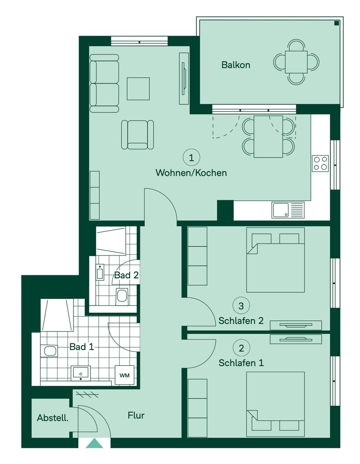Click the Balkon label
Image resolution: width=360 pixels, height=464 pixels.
pos(236,65)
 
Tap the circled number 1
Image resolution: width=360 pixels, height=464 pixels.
pos(191,158)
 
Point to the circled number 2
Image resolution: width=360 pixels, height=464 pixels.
pos(241,348)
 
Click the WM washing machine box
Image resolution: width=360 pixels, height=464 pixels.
pos(124,375)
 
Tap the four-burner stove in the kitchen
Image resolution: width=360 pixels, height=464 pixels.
pos(320,164)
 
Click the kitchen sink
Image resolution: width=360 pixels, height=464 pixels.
pos(288,210)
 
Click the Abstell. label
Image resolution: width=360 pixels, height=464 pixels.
pos(53,418)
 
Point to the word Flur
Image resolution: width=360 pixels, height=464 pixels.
pos(136,415)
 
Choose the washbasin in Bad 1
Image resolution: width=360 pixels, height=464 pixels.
pos(81,373)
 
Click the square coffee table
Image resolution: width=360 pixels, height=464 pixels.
pos(138,89)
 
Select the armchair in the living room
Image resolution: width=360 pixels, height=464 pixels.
pos(138,134)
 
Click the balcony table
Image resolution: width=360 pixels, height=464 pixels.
pos(296,62)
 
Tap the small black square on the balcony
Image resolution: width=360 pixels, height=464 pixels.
pos(336,23)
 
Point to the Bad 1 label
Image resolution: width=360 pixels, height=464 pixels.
pos(82,347)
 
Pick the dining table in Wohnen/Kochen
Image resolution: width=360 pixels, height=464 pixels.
pos(268,137)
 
